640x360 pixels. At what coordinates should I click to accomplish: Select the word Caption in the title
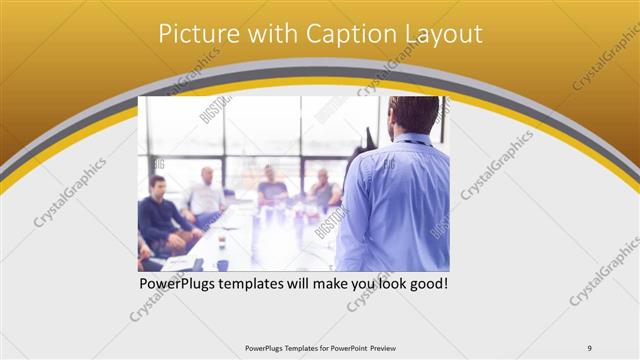(x=347, y=34)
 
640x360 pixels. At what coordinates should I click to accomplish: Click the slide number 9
(x=589, y=348)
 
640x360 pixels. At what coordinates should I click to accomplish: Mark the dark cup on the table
(x=222, y=264)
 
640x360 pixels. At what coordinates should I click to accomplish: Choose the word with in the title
(x=271, y=34)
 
